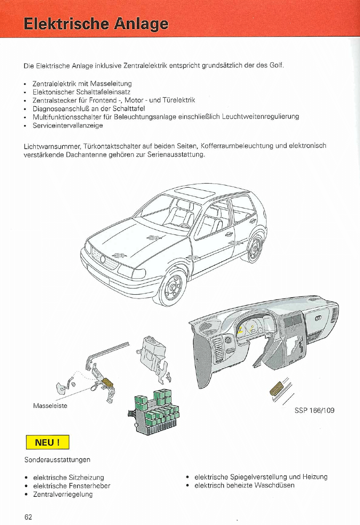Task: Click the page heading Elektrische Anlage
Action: tap(96, 23)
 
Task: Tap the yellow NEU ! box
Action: tap(47, 442)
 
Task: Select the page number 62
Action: tap(28, 517)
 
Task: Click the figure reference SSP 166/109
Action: tap(315, 410)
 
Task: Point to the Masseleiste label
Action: tap(50, 406)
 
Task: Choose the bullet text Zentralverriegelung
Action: tap(62, 494)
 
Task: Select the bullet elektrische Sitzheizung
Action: tap(68, 477)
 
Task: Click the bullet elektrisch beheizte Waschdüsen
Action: tap(244, 485)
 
